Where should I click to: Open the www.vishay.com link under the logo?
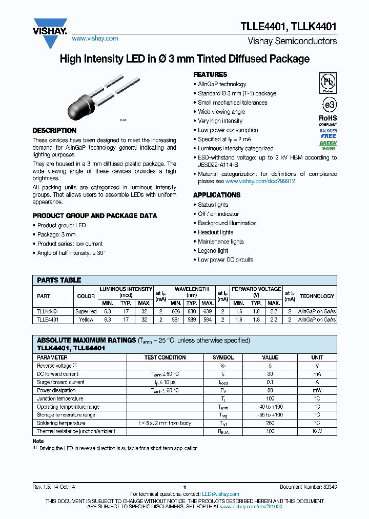point(95,38)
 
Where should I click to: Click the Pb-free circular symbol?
point(328,83)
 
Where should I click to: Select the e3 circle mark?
point(328,105)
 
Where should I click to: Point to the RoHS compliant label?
point(328,121)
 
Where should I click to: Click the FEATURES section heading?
point(210,74)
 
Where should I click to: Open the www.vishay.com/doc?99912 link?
point(260,181)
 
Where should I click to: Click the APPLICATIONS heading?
point(217,195)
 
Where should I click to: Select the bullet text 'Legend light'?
point(213,251)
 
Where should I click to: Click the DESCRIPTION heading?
point(54,130)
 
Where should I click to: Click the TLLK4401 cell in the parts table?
point(48,311)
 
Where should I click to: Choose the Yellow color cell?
point(86,320)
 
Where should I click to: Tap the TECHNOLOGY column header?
point(317,296)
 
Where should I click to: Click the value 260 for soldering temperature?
point(270,423)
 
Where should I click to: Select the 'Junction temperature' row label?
point(60,398)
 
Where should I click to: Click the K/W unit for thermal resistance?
point(317,431)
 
